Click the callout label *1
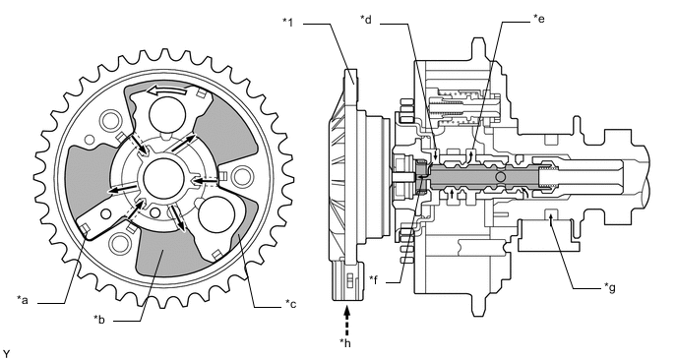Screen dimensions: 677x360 (x=288, y=22)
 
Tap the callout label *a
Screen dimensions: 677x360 (x=23, y=300)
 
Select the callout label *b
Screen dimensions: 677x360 (x=99, y=320)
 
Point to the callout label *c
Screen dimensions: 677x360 (x=290, y=304)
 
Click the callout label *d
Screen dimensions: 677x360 (x=366, y=19)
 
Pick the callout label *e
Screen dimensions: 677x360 (x=539, y=18)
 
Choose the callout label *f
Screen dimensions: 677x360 (x=374, y=278)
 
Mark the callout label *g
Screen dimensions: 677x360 (x=610, y=287)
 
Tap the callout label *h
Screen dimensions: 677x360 (x=345, y=342)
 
